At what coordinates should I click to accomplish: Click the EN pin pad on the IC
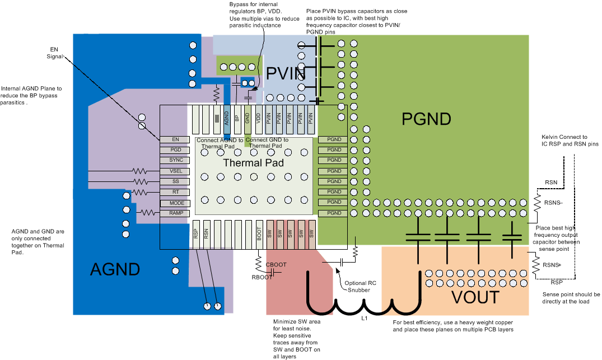[x=175, y=139]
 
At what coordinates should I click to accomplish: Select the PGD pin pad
[x=175, y=149]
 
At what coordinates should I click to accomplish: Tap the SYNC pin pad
[x=175, y=160]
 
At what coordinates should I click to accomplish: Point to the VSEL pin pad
[x=175, y=171]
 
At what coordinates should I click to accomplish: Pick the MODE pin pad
[x=175, y=203]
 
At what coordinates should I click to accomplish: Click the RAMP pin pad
[x=175, y=213]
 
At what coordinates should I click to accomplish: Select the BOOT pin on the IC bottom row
[x=259, y=234]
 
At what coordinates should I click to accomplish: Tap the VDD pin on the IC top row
[x=258, y=118]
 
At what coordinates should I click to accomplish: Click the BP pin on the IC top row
[x=237, y=118]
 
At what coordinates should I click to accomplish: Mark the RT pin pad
[x=175, y=192]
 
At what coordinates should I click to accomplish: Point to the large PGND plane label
[x=426, y=119]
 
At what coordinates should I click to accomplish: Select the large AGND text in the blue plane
[x=115, y=269]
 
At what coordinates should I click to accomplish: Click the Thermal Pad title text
[x=253, y=163]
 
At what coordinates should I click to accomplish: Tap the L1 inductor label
[x=364, y=318]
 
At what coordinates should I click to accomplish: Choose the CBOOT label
[x=276, y=264]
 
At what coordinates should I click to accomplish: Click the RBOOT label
[x=261, y=277]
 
